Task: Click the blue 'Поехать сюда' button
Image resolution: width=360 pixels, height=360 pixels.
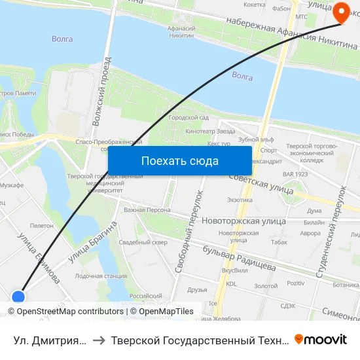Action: click(179, 161)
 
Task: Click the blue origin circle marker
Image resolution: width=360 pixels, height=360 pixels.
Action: click(18, 297)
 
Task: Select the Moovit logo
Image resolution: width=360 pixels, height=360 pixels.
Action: click(321, 340)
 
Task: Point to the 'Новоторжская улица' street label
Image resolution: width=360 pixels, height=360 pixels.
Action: click(244, 221)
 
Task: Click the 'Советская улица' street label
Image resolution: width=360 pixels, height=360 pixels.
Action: click(261, 183)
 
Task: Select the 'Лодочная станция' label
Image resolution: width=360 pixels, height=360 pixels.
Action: click(101, 276)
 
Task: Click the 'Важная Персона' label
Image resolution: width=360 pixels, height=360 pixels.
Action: click(147, 210)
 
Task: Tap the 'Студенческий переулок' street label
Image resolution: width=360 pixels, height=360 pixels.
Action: click(332, 232)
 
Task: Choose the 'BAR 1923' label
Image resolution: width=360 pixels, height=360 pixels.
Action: click(295, 174)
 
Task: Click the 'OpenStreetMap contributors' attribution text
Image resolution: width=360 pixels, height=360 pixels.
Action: click(70, 312)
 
